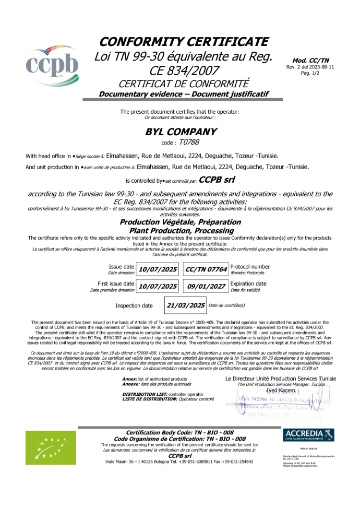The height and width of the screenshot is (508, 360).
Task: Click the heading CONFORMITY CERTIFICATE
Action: [x=184, y=42]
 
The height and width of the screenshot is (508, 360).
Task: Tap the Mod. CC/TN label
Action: [x=310, y=61]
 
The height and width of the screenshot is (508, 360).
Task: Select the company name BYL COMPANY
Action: [x=180, y=132]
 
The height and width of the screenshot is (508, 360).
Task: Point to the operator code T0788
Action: [x=189, y=141]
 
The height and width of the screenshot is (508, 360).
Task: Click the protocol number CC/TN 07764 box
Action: [x=206, y=269]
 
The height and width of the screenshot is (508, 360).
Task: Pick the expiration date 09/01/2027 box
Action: [x=206, y=287]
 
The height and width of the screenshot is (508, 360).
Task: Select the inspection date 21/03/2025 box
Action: [x=185, y=305]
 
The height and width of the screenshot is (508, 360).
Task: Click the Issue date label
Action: [x=122, y=267]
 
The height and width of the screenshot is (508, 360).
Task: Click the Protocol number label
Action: [x=250, y=267]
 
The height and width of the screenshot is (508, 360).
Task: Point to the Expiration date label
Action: [x=248, y=284]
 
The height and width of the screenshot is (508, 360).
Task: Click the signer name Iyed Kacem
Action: [x=280, y=391]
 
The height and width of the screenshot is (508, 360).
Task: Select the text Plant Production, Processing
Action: [x=181, y=230]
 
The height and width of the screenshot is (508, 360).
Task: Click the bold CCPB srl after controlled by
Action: [x=217, y=180]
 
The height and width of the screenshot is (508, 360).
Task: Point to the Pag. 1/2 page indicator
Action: [x=310, y=73]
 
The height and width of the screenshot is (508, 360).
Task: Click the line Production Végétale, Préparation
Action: [x=181, y=222]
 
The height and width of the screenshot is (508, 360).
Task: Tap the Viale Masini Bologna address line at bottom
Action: [x=179, y=462]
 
